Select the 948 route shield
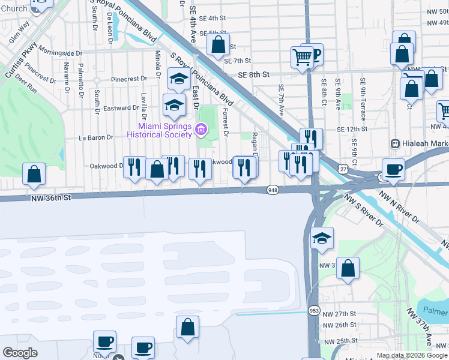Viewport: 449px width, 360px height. (x=273, y=190)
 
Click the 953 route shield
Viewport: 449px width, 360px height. (x=314, y=310)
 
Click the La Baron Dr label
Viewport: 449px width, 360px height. (x=96, y=137)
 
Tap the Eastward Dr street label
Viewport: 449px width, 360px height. (x=121, y=108)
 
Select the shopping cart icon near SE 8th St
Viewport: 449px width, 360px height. (x=303, y=57)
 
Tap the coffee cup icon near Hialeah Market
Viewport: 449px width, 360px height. (x=393, y=169)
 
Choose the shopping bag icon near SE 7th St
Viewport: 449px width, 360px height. (x=218, y=43)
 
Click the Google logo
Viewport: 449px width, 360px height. (x=20, y=353)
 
